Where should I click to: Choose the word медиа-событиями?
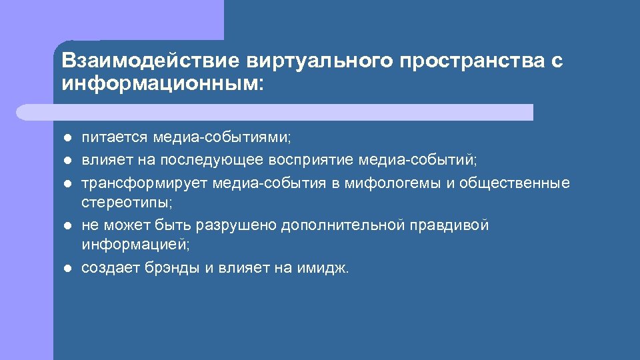pos(223,138)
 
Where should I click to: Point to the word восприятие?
pos(311,160)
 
